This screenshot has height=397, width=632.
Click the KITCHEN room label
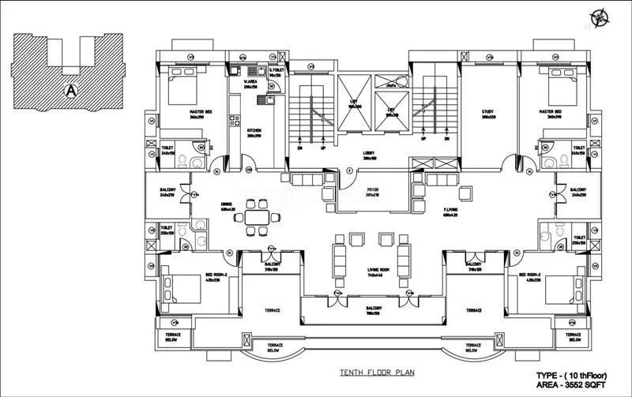point(254,130)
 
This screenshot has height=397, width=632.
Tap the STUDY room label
point(487,112)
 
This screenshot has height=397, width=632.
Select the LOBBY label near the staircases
point(370,154)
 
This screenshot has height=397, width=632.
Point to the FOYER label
point(372,190)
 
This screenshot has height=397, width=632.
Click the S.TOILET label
point(276,71)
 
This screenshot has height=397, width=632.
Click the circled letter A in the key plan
point(71,90)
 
